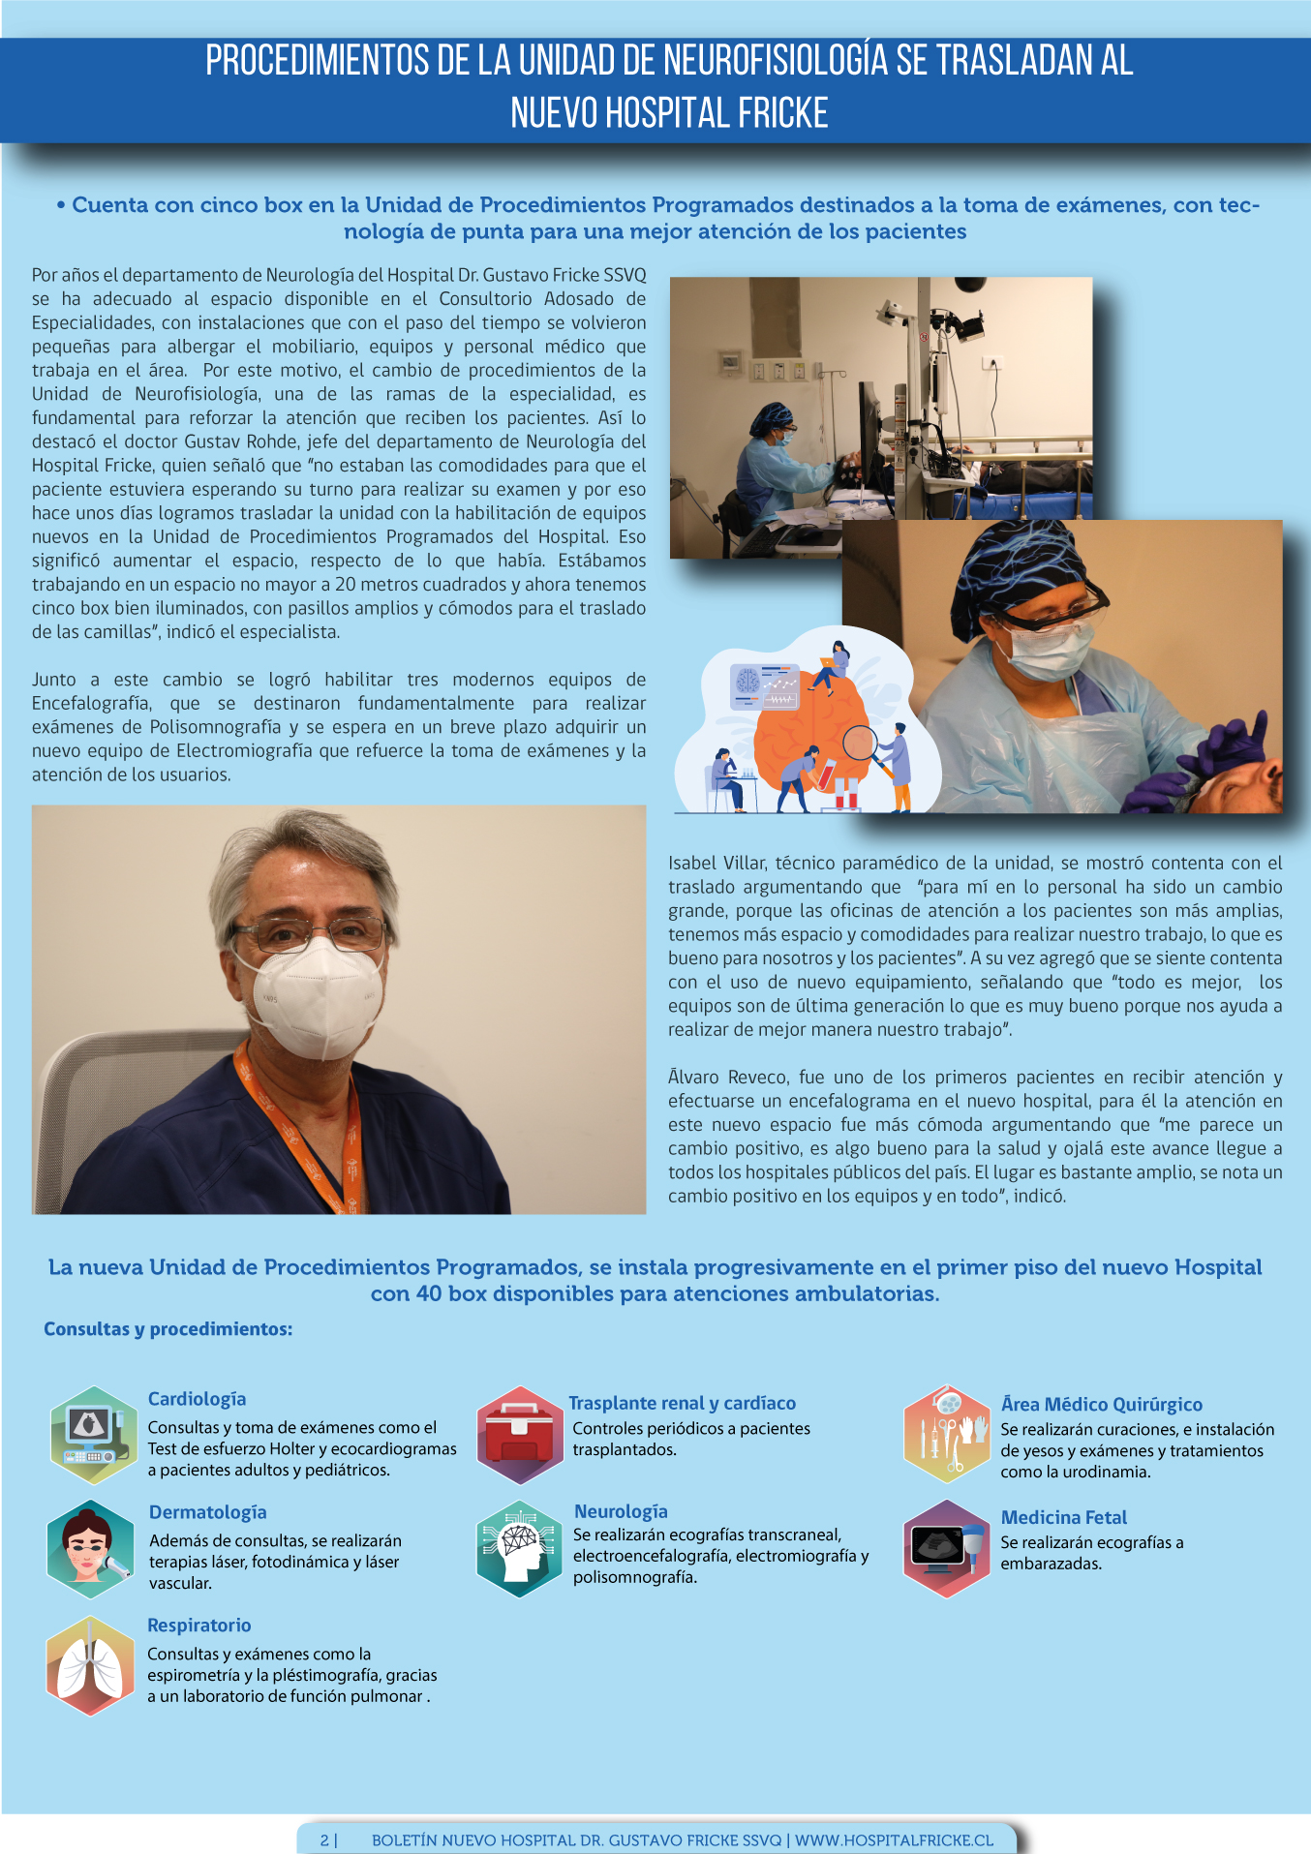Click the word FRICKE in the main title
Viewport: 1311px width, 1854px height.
click(782, 113)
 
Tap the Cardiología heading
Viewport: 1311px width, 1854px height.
click(197, 1399)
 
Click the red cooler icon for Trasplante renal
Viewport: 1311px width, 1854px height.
click(520, 1435)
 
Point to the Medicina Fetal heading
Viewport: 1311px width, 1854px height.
click(1063, 1517)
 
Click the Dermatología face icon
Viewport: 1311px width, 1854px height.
click(90, 1548)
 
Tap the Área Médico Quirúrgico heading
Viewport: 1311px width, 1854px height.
click(1101, 1404)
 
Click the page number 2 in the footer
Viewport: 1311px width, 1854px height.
click(324, 1840)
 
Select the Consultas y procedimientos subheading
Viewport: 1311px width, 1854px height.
click(168, 1329)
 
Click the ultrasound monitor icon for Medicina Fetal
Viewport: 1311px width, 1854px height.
click(946, 1547)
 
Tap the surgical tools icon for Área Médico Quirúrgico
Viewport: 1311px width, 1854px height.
click(946, 1435)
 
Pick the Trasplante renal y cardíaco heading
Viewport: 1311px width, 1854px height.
click(682, 1403)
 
